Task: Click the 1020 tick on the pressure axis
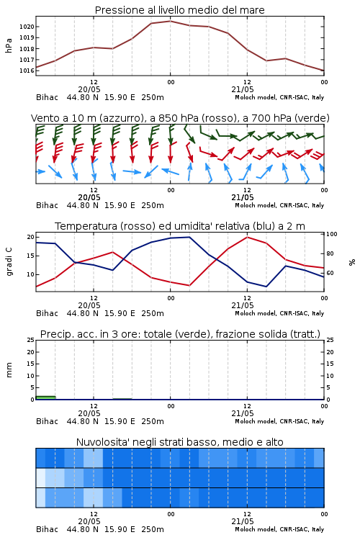point(27,27)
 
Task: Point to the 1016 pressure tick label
point(27,71)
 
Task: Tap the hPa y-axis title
point(9,45)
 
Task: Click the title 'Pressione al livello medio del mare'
point(180,10)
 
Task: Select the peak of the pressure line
point(170,21)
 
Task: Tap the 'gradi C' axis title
point(9,262)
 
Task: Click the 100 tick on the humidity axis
point(332,234)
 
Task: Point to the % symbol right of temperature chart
point(352,262)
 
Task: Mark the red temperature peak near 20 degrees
point(247,237)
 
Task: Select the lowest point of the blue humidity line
point(266,287)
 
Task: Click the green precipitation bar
point(45,397)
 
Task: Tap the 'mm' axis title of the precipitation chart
point(9,370)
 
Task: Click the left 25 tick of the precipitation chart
point(31,340)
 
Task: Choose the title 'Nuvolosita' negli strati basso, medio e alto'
point(180,442)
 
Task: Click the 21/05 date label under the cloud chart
point(243,521)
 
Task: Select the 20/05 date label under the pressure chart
point(89,89)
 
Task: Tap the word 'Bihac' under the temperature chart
point(48,313)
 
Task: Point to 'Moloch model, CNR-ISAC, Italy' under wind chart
point(279,205)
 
